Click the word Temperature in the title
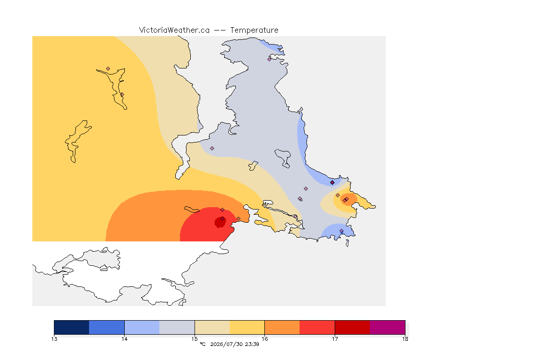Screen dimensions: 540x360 tap(254, 30)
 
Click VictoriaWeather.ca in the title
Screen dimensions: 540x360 tap(174, 30)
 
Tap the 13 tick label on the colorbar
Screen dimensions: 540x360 tap(54, 339)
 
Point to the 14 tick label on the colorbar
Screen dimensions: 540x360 tap(124, 339)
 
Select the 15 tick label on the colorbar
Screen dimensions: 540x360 tap(195, 339)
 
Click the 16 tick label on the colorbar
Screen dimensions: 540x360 tap(265, 339)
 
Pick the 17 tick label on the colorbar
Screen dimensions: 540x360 tap(335, 339)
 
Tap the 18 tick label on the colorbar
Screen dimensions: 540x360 tap(405, 339)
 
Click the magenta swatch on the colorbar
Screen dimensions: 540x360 tap(388, 327)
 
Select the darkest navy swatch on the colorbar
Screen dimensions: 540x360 tap(72, 327)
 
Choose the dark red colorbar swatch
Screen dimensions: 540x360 tap(352, 327)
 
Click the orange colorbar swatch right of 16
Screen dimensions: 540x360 tap(282, 327)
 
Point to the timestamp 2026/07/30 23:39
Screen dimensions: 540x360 tap(234, 344)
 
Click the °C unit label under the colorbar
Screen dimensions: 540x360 tap(202, 344)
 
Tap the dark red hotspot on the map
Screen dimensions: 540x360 tap(220, 222)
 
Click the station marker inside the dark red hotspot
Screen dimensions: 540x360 tap(223, 219)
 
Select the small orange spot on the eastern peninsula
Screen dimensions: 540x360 tap(349, 200)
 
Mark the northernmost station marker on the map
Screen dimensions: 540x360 tap(270, 59)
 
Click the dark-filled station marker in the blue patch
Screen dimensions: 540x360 tap(332, 183)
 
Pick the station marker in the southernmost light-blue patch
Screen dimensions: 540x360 tap(341, 231)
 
